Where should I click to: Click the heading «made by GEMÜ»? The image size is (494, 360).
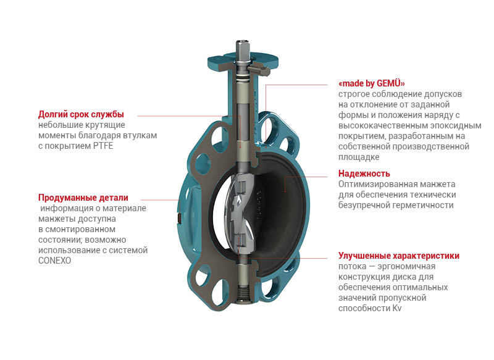click(372, 83)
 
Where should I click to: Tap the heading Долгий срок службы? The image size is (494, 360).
click(81, 114)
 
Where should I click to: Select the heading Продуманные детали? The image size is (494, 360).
click(83, 198)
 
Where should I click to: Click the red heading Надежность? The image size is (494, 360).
click(364, 174)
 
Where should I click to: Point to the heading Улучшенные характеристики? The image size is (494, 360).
click(399, 256)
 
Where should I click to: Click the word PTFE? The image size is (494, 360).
click(103, 146)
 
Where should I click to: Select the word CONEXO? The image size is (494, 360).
click(54, 261)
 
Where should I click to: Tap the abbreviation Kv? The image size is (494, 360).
click(397, 308)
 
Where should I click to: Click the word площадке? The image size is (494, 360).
click(359, 157)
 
